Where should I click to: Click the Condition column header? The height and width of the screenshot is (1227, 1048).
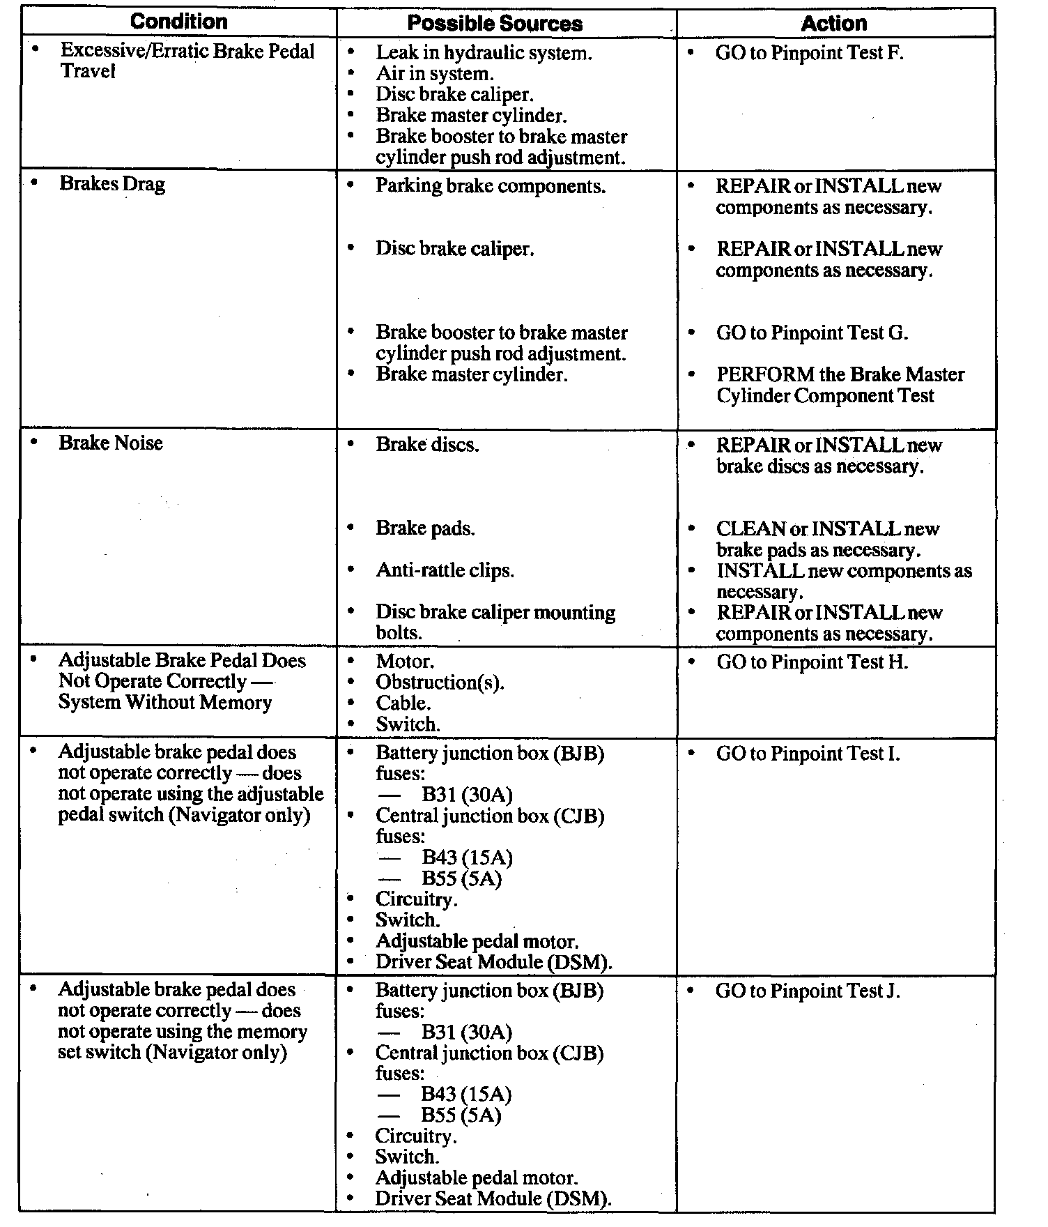point(179,22)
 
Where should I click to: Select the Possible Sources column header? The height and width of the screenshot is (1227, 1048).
point(495,23)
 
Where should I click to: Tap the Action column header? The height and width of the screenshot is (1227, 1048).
point(833,23)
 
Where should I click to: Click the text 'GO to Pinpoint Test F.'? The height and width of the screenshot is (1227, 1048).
point(809,53)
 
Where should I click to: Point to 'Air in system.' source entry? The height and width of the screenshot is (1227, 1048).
point(435,73)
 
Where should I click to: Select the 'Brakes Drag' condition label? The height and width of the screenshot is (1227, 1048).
point(112,184)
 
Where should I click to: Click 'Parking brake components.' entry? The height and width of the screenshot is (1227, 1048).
point(491,186)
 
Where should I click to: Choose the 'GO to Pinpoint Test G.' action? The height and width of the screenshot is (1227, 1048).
point(812,333)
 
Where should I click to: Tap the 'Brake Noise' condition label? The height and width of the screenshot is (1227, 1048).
point(110,443)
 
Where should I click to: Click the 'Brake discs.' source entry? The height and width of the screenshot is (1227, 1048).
point(427,445)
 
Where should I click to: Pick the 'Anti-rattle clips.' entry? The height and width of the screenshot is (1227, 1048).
point(445,570)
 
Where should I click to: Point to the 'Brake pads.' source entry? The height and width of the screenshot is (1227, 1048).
point(425,528)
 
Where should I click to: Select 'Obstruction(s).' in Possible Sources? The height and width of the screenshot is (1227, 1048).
point(440,682)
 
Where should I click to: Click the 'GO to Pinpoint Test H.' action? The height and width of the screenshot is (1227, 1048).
point(812,662)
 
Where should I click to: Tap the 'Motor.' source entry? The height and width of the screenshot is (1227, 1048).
point(405,661)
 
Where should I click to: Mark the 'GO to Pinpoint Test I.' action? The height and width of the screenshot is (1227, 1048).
point(808,754)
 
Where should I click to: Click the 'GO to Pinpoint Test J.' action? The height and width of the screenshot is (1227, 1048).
point(808,991)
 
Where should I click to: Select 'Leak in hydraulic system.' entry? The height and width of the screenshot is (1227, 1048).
point(484,52)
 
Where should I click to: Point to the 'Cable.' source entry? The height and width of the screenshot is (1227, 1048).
point(403,703)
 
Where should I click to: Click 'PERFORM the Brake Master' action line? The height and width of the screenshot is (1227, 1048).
point(840,374)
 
